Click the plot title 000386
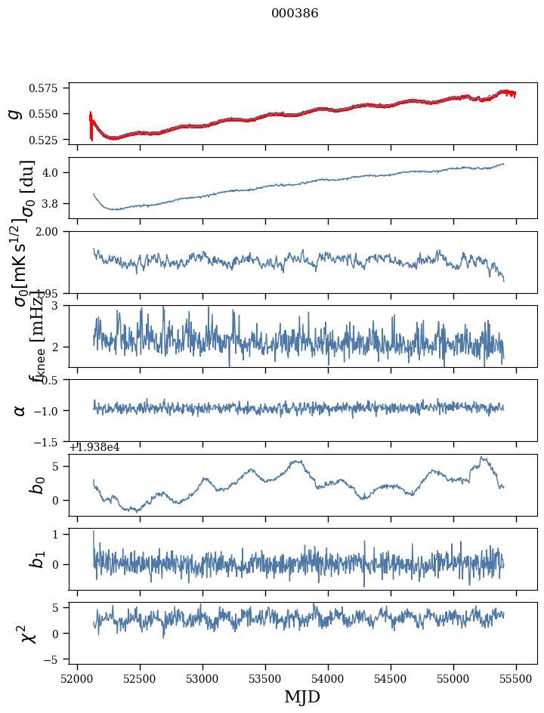click(x=295, y=14)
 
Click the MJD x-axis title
click(x=302, y=697)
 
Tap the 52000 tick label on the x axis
click(x=77, y=678)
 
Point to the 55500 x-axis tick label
click(x=517, y=678)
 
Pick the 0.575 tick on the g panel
click(x=48, y=88)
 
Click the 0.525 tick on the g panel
click(x=48, y=140)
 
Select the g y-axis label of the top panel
click(x=14, y=114)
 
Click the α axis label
click(x=20, y=410)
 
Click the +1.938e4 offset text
click(x=94, y=447)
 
